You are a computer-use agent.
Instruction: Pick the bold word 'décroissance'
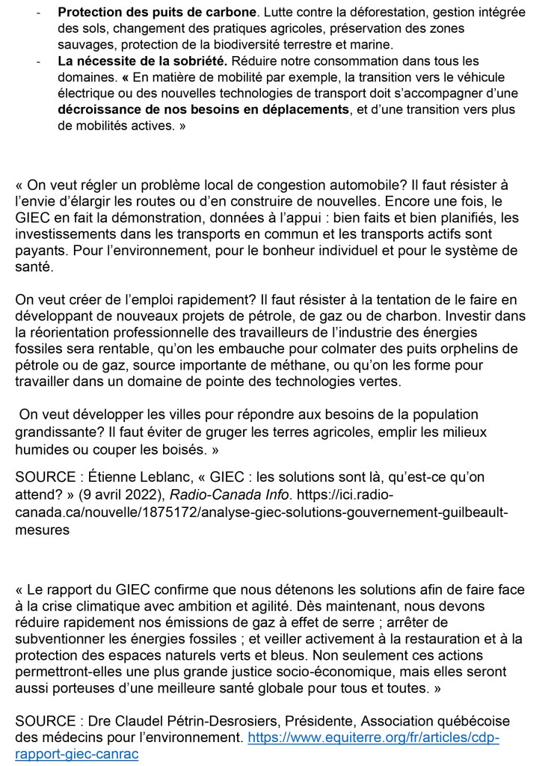pyautogui.click(x=99, y=110)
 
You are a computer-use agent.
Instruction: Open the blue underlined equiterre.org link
pyautogui.click(x=373, y=738)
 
